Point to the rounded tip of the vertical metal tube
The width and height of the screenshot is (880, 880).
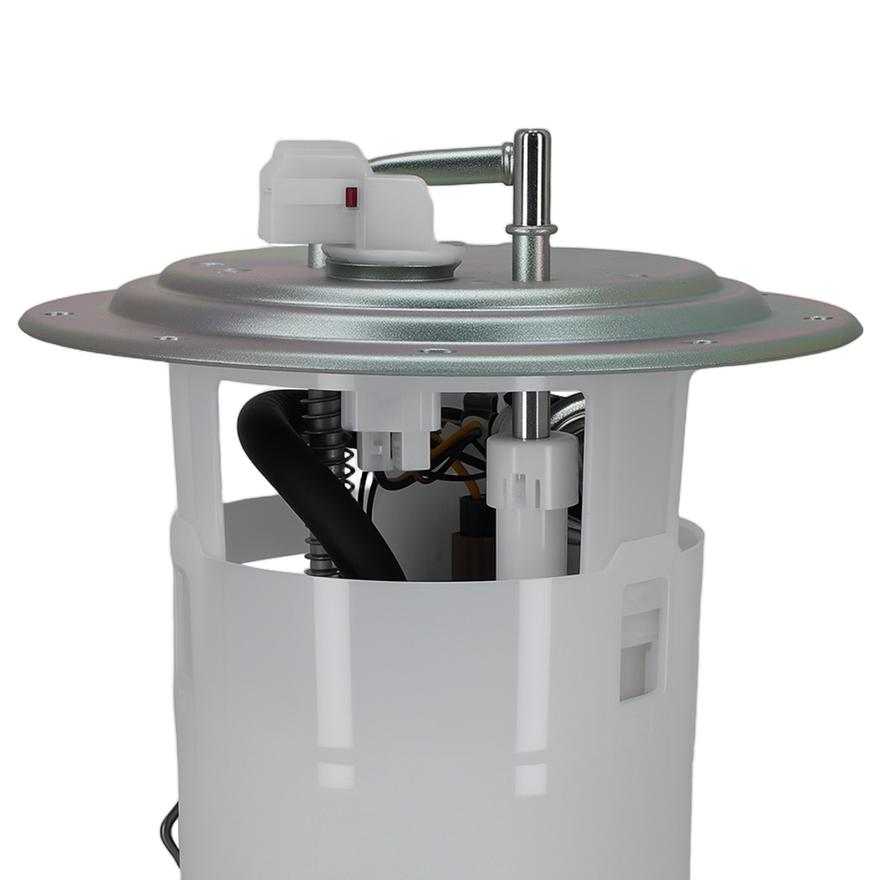531,140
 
